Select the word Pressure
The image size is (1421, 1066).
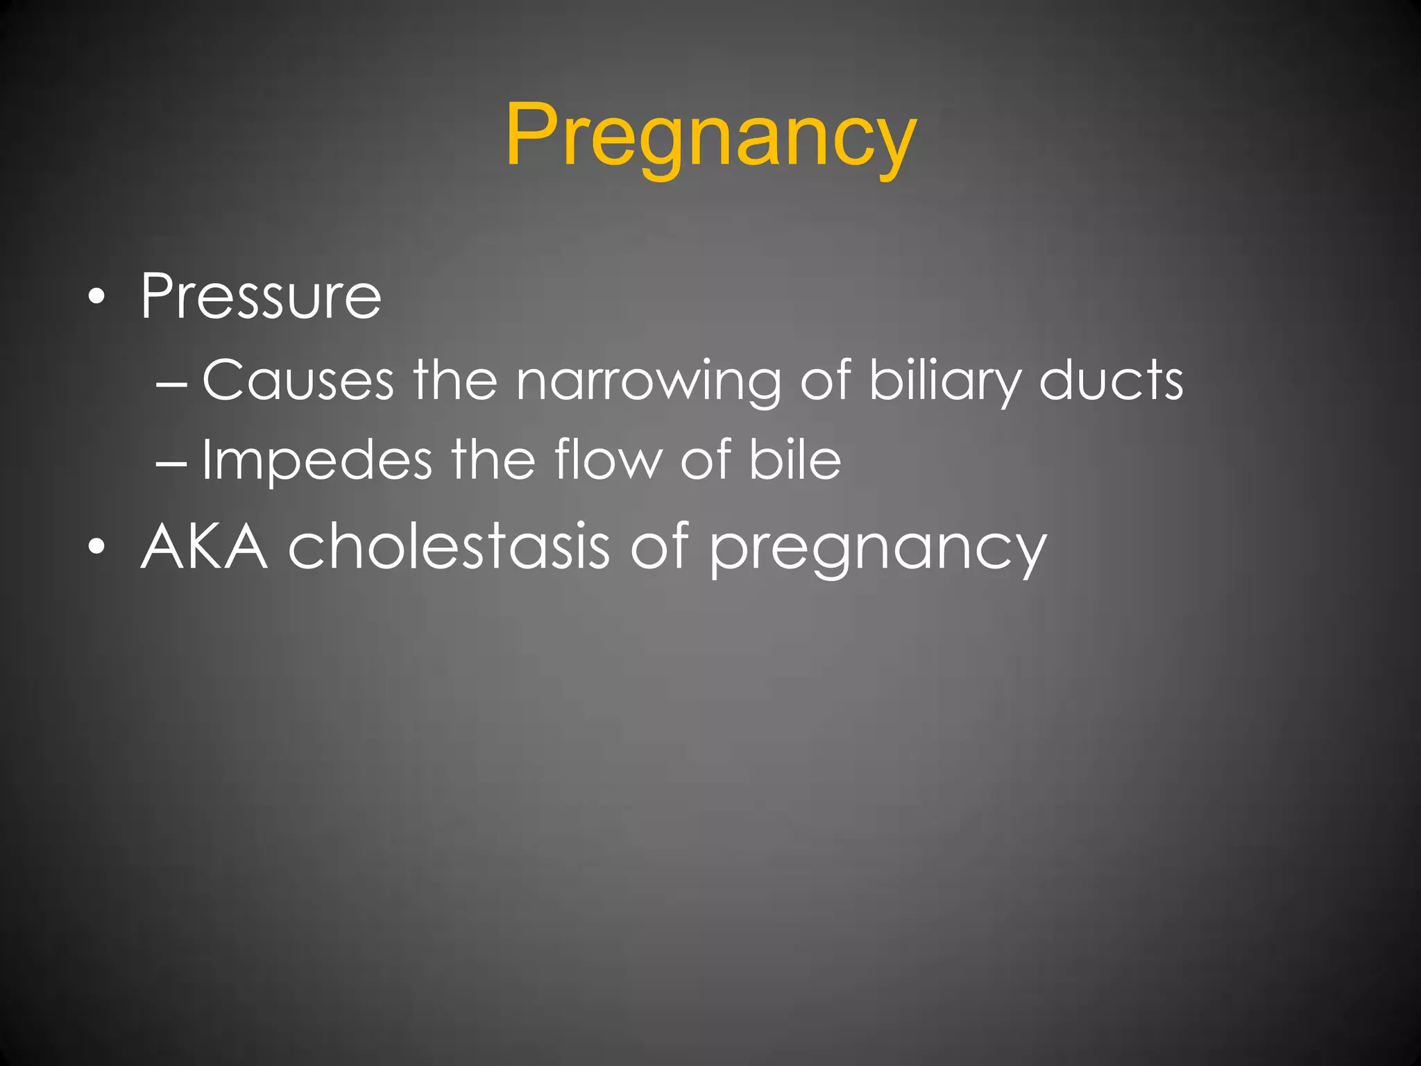tap(261, 297)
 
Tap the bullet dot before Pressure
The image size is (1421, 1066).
tap(98, 298)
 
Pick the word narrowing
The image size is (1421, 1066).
tap(648, 382)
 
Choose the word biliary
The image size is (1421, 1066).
tap(945, 382)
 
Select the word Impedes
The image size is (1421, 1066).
tap(316, 461)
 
